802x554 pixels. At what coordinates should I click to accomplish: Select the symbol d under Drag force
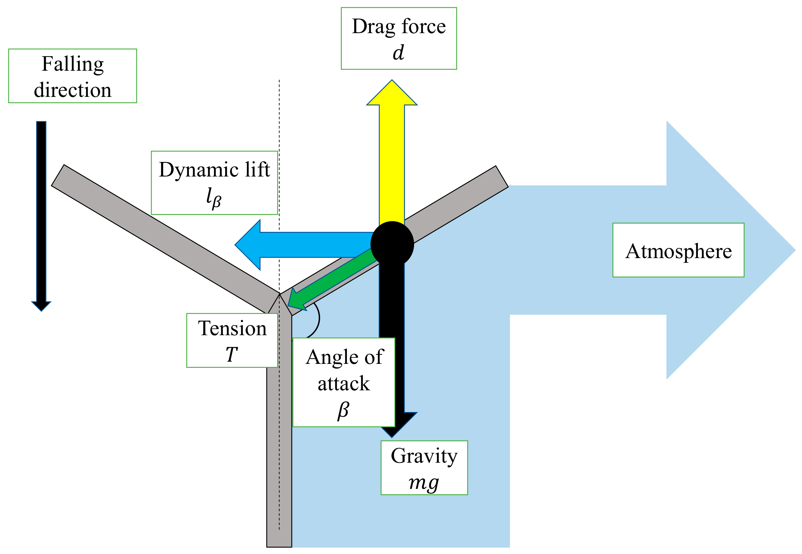click(398, 53)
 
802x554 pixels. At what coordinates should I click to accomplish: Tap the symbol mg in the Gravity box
click(424, 482)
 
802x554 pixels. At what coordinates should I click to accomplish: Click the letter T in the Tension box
click(232, 354)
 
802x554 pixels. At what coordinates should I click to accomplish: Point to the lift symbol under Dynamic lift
click(214, 197)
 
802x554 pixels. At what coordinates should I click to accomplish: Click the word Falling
click(73, 64)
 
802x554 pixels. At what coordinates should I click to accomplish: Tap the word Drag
click(373, 27)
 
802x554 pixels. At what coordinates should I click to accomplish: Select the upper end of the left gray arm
click(58, 175)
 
